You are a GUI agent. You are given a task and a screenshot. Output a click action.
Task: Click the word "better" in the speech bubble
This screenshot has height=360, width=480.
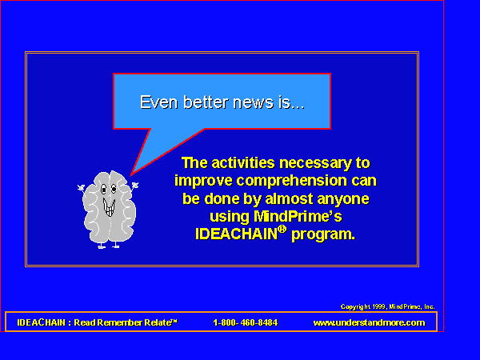[206, 102]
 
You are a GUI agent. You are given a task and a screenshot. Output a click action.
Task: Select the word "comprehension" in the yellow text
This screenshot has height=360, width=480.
[292, 182]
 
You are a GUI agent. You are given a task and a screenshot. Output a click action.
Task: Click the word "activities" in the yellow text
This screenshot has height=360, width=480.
[243, 163]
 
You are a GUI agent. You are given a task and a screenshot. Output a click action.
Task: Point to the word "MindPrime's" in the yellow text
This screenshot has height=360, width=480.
[298, 217]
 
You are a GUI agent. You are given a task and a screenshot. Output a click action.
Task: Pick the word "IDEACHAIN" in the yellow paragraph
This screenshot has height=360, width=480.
[236, 234]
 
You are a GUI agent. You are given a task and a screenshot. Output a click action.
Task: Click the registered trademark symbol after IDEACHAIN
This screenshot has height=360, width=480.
[282, 230]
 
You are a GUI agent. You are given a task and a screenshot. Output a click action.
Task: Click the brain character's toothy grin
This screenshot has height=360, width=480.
[109, 206]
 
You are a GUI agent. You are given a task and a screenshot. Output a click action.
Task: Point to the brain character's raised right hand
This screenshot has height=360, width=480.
[134, 186]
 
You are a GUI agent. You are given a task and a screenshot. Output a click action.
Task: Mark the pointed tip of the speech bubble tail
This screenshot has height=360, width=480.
[130, 176]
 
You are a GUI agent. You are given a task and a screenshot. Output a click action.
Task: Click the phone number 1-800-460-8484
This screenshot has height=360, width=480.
[246, 322]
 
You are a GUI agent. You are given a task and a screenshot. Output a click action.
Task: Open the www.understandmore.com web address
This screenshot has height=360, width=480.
[369, 322]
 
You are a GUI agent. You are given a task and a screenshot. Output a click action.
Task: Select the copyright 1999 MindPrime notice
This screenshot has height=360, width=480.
[387, 306]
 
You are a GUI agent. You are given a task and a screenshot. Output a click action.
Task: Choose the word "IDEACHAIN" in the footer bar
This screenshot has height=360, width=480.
[42, 322]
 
